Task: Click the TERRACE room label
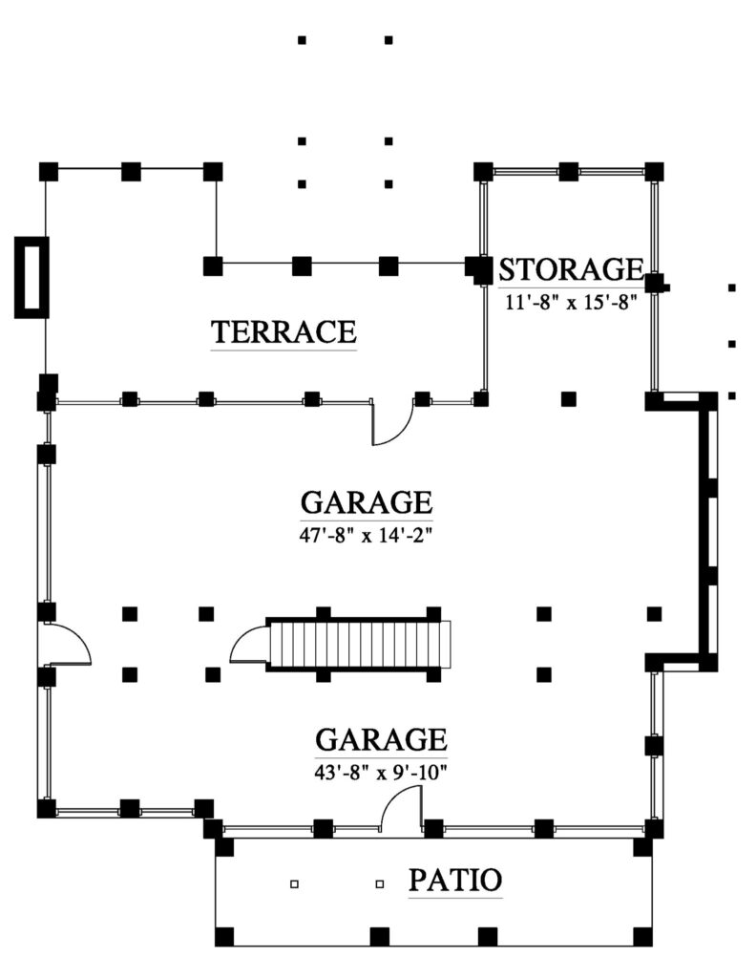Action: click(283, 332)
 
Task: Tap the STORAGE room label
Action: click(569, 269)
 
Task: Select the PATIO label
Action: click(455, 880)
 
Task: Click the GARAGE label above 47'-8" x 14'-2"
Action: click(367, 502)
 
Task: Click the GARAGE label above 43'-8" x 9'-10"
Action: click(381, 740)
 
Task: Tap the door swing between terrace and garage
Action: click(392, 424)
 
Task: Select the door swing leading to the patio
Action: click(402, 813)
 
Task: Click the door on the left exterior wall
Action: click(67, 645)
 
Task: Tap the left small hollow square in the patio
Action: click(294, 884)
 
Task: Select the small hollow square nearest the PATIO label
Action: click(380, 884)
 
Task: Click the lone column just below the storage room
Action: click(569, 398)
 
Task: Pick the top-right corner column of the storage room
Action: click(654, 172)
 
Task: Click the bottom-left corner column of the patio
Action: click(224, 935)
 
